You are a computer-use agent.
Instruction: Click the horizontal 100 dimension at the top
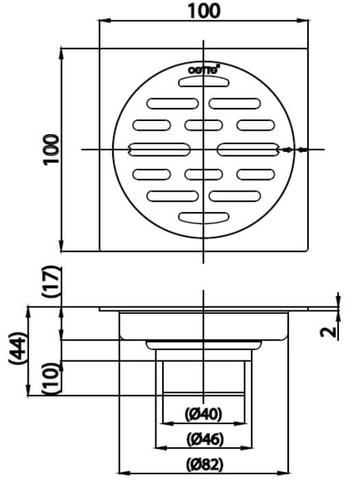pos(203,11)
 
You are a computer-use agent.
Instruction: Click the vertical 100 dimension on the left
pos(50,149)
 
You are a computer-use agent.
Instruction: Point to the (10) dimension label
pos(51,378)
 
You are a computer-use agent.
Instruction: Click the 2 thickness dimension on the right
pos(330,332)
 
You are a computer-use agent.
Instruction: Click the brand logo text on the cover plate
pos(203,70)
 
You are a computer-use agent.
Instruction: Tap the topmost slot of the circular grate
pos(203,82)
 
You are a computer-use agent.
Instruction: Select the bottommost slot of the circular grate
pos(203,218)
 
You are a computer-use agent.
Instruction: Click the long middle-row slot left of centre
pos(162,149)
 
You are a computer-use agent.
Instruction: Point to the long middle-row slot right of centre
pos(248,149)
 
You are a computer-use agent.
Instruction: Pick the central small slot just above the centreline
pos(203,125)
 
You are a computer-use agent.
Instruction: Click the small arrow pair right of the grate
pos(294,149)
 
